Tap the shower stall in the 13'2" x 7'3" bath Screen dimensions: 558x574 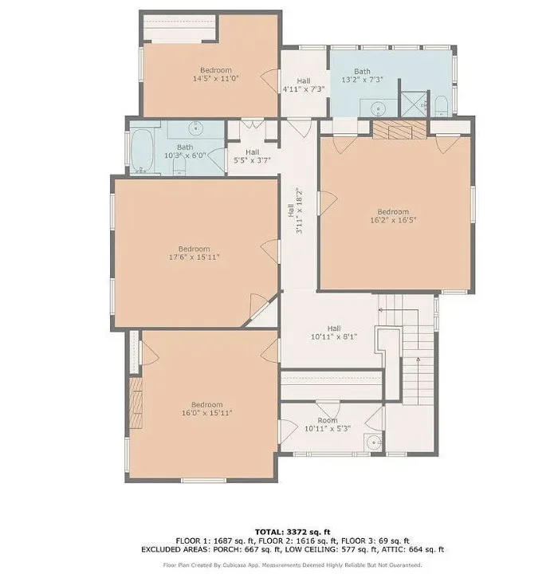tap(415, 104)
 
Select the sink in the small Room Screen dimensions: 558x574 tap(373, 442)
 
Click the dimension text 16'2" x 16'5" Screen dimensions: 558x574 tap(393, 220)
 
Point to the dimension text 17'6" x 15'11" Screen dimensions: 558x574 tap(194, 257)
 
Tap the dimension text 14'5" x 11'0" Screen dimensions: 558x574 tap(216, 78)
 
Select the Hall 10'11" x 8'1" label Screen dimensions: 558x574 tap(334, 332)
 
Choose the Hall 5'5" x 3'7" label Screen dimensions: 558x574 tap(252, 156)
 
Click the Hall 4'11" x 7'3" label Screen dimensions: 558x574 tap(304, 85)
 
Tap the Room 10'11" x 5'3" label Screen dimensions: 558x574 tap(328, 424)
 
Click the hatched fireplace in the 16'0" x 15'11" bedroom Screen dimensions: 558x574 tap(136, 403)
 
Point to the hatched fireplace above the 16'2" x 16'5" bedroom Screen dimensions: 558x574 tap(400, 130)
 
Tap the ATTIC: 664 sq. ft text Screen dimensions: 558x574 tap(413, 549)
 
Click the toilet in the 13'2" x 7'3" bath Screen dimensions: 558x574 tap(441, 106)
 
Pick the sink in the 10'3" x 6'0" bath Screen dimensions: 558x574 tap(196, 128)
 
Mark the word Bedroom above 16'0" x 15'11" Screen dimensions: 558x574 tap(207, 404)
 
